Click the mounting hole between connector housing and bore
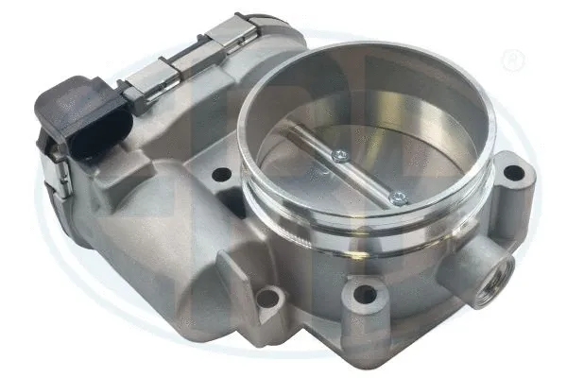(x=222, y=174)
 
